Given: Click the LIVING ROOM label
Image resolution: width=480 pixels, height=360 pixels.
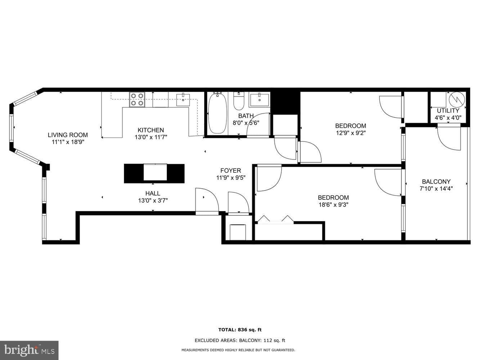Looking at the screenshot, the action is (68, 135).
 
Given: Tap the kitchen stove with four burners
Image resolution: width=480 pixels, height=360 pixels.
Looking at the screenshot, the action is (137, 99).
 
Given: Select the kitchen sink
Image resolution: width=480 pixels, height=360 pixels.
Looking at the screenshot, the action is (183, 100).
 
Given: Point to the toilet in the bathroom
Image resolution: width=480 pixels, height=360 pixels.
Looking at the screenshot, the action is (239, 101).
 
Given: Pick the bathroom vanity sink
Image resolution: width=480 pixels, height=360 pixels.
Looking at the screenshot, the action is (260, 100).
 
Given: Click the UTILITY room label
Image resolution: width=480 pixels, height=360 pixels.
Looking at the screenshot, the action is (448, 111).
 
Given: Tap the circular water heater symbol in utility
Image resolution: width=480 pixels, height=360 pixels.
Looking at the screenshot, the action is (457, 100).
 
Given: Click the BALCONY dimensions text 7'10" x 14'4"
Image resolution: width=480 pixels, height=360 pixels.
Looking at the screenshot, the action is (436, 189).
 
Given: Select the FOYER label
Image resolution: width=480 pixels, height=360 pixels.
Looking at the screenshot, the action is (231, 171).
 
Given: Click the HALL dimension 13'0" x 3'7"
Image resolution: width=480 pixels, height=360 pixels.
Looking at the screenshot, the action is (153, 201).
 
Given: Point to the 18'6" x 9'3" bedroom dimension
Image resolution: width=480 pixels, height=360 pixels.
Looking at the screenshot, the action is (333, 205).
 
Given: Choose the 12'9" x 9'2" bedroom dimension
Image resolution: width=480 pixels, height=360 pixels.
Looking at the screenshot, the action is (351, 133).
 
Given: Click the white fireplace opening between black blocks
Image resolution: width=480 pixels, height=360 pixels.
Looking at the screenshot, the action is (155, 172).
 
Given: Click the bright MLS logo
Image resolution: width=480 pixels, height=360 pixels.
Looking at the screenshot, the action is (29, 351).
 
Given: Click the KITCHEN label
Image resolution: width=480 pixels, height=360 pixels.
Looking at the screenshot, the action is (151, 130).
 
